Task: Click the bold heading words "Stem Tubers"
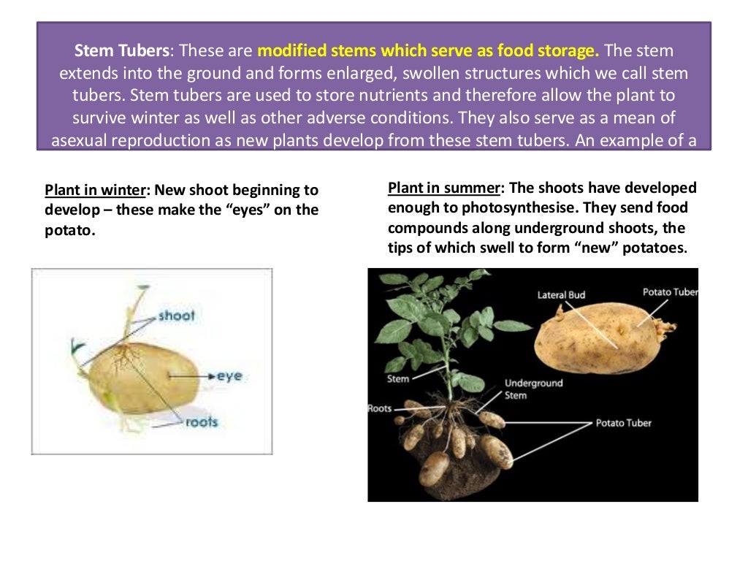121,52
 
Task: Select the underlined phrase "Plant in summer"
443,188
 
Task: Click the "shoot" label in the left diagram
177,316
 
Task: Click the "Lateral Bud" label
561,295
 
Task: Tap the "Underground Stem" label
533,389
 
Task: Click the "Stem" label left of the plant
397,379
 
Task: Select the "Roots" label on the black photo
380,408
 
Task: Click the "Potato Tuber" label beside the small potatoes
623,423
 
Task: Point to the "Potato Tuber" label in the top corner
670,292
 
